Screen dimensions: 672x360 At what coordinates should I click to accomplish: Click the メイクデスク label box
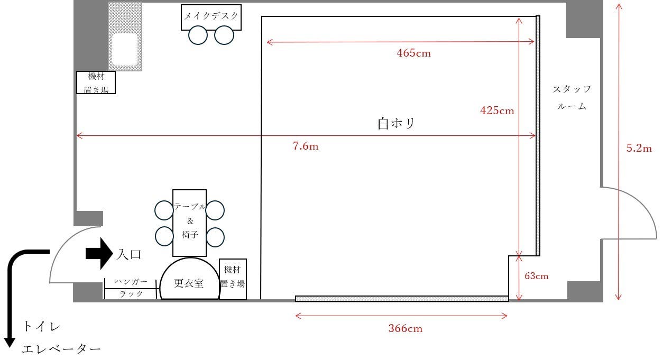[211, 17]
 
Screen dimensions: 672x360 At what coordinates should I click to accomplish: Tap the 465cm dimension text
[413, 53]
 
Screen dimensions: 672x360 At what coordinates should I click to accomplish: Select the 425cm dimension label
[497, 110]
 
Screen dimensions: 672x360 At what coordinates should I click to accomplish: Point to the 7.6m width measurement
[306, 146]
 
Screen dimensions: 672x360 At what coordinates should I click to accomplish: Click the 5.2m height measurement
[639, 148]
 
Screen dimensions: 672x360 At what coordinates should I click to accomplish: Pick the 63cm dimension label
[537, 276]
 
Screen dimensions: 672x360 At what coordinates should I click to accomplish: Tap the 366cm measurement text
[406, 328]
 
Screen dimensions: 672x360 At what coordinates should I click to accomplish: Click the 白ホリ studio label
[397, 123]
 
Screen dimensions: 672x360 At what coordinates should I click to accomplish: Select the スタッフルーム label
[572, 97]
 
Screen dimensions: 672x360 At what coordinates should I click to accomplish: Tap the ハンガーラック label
[131, 288]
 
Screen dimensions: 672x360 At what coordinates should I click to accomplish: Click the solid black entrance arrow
[99, 254]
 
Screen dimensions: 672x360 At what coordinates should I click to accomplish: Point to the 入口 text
[130, 254]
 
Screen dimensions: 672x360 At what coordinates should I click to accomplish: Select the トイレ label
[42, 326]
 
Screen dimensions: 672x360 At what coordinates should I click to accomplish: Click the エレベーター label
[61, 349]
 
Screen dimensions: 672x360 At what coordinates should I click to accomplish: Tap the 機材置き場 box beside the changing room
[233, 279]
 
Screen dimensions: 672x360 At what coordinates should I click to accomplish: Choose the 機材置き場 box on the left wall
[96, 82]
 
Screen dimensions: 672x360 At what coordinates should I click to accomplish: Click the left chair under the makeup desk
[198, 35]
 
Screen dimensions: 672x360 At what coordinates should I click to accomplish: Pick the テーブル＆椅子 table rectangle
[190, 223]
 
